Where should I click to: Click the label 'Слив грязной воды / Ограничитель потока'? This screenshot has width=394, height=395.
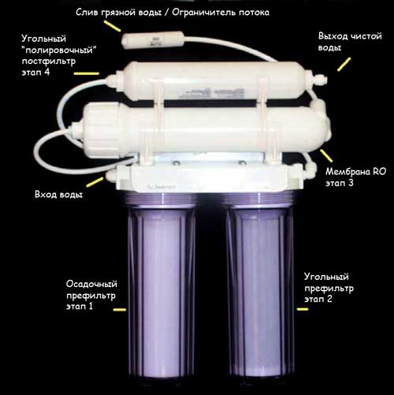[x=173, y=13]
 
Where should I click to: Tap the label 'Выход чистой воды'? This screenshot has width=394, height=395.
[x=350, y=42]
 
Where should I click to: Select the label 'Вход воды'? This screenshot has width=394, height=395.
[x=58, y=195]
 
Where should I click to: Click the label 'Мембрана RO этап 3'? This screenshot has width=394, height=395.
[x=356, y=177]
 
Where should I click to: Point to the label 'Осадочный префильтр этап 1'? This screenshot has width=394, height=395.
[x=91, y=295]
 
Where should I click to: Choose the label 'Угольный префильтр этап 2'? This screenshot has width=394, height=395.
[x=329, y=288]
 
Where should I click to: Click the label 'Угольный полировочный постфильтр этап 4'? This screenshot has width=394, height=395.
[x=59, y=55]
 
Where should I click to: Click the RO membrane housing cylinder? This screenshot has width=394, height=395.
[x=205, y=131]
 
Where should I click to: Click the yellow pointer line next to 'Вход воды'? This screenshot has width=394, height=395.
[x=95, y=182]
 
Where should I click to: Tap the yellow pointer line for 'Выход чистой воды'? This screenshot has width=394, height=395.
[x=344, y=65]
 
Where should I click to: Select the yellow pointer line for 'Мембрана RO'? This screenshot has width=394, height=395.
[x=326, y=155]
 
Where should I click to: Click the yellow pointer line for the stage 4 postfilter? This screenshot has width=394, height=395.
[x=87, y=73]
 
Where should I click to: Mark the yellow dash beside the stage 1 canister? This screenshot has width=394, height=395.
[x=120, y=310]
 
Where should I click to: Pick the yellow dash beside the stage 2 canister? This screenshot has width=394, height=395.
[x=303, y=309]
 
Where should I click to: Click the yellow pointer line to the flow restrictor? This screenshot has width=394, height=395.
[x=113, y=26]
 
